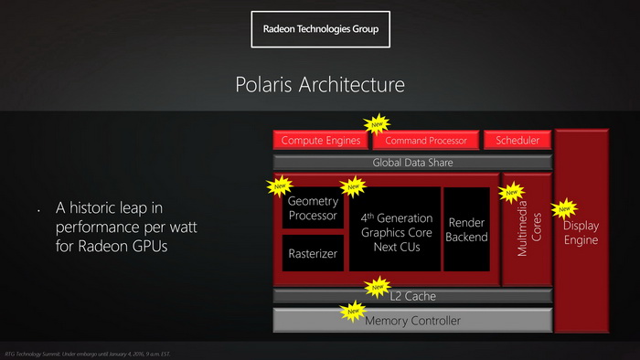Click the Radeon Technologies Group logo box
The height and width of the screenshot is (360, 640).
(x=320, y=29)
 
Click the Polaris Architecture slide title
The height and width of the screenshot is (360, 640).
(x=320, y=86)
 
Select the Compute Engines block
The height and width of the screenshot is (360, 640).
(x=320, y=140)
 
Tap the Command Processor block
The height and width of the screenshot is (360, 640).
(x=426, y=140)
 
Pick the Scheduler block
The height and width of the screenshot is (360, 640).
(x=517, y=140)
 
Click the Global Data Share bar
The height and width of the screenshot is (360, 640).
(x=412, y=163)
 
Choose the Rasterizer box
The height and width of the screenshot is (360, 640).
(x=313, y=253)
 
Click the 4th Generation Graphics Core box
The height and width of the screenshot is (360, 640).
(x=394, y=231)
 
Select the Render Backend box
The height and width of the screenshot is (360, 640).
(x=466, y=229)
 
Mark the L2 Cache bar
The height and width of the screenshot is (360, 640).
(x=412, y=296)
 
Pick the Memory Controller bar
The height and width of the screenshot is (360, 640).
(x=412, y=320)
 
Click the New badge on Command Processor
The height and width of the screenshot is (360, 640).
(x=376, y=123)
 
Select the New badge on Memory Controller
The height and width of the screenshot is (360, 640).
(x=353, y=312)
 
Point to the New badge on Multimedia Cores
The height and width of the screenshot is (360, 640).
(x=511, y=193)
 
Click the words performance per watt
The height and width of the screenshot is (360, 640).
(x=126, y=226)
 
